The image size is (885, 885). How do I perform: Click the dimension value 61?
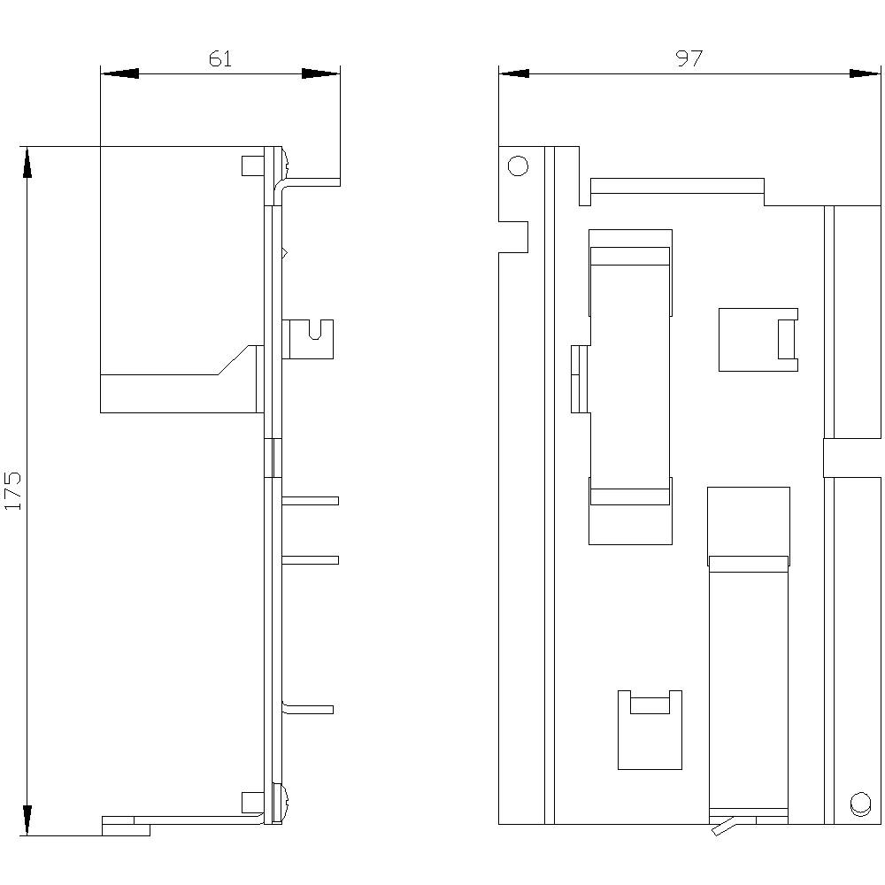click(220, 59)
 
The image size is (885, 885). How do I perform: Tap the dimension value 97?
click(689, 58)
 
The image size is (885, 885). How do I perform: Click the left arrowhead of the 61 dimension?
click(119, 73)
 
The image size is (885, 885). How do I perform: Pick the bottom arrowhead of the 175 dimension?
click(27, 818)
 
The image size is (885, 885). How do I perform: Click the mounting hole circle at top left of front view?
click(518, 165)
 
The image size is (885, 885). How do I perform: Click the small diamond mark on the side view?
click(284, 254)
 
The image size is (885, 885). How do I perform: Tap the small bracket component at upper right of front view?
click(758, 339)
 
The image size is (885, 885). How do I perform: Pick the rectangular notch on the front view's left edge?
click(514, 237)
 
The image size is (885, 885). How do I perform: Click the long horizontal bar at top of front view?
click(676, 186)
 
